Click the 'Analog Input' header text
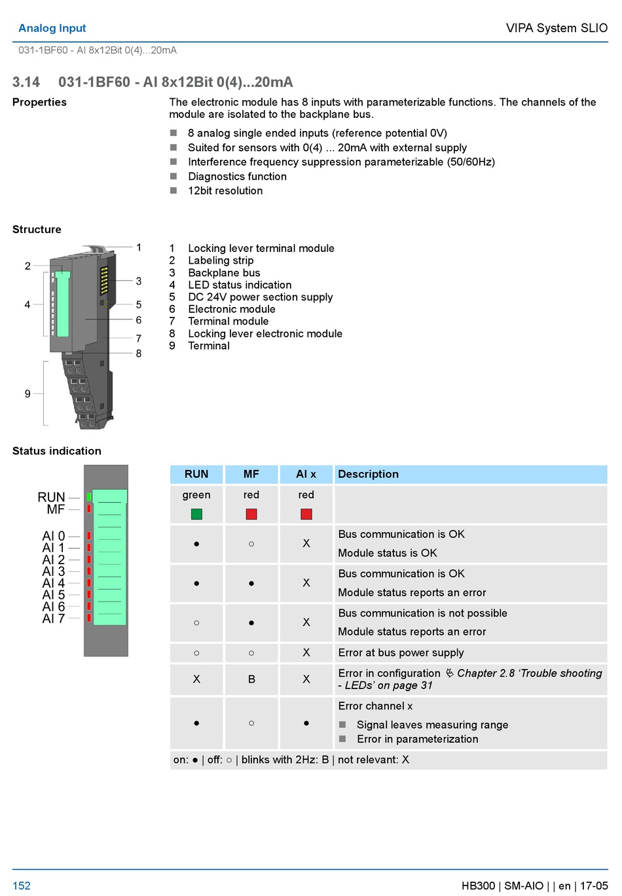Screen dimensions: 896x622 click(52, 28)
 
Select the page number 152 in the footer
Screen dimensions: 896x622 click(22, 886)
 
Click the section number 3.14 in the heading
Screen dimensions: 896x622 click(26, 82)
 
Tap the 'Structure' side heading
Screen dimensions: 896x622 click(37, 230)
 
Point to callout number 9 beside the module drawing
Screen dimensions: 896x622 click(27, 394)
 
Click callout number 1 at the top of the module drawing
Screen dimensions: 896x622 click(139, 247)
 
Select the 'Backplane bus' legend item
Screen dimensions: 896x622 click(224, 273)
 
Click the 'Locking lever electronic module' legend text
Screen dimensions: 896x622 click(265, 334)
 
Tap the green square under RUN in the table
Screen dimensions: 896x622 click(196, 514)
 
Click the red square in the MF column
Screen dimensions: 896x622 click(251, 514)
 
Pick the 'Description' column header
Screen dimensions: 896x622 click(368, 475)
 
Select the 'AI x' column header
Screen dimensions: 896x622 click(306, 475)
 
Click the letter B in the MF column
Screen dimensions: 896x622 click(251, 679)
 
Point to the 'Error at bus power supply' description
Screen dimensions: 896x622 click(401, 653)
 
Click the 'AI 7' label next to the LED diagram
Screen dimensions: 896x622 click(54, 618)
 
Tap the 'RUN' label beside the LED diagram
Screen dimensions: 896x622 click(51, 497)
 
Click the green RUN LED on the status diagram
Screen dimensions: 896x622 click(89, 497)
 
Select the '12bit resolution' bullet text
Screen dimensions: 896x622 click(225, 191)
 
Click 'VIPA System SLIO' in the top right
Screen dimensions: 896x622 click(557, 28)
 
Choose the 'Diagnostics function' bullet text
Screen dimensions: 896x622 click(237, 177)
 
